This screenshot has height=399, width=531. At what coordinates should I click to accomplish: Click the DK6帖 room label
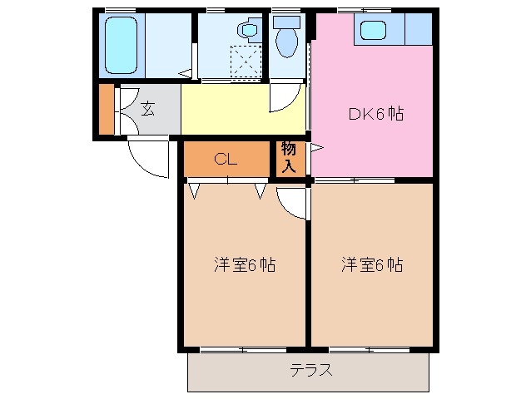(375, 114)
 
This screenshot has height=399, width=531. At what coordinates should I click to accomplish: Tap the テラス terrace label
(311, 370)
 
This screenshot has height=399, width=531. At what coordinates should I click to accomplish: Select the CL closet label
(226, 160)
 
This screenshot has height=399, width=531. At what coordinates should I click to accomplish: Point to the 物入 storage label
(288, 158)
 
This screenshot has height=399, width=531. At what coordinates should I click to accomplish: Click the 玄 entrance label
(147, 108)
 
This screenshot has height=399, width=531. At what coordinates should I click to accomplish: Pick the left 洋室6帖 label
(245, 265)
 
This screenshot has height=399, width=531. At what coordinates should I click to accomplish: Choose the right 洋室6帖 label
(372, 265)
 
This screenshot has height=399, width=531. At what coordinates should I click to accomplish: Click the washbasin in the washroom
(249, 31)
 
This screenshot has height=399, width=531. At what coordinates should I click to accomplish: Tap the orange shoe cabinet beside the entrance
(106, 108)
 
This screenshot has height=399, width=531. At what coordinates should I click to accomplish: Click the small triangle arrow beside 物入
(315, 150)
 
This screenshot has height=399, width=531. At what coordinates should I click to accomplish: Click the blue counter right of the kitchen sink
(419, 29)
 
